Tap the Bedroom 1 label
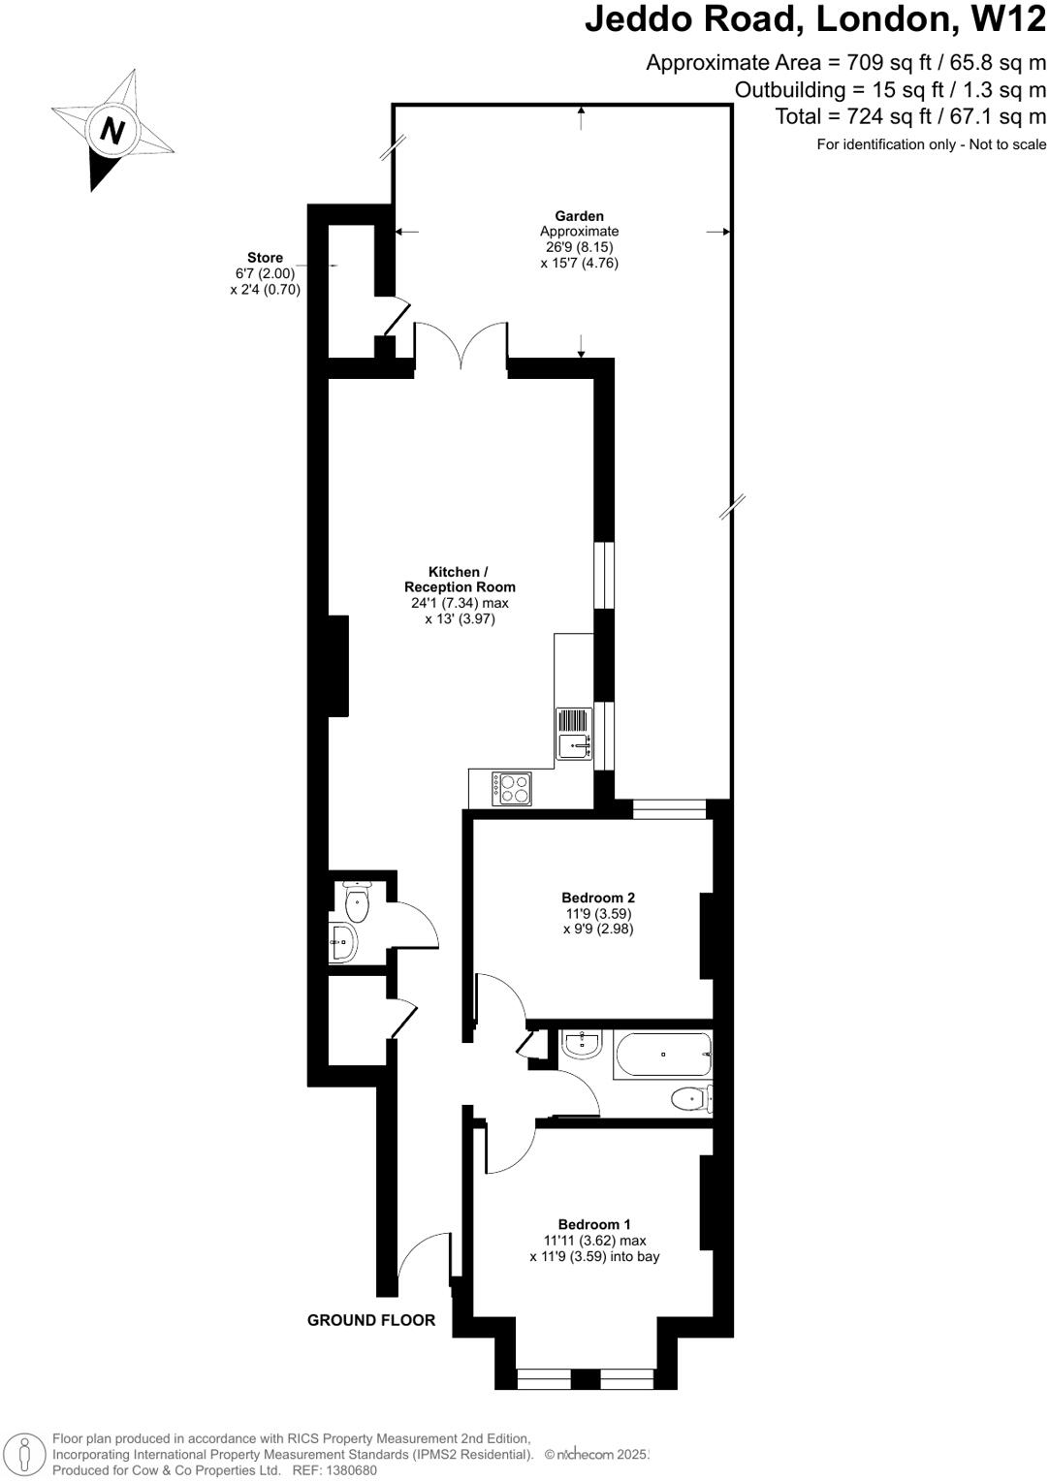[594, 1224]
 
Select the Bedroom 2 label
[598, 898]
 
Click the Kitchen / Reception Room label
[460, 580]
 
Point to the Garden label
[579, 216]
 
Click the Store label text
[265, 258]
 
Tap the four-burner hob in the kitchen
[511, 787]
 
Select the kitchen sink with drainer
[573, 735]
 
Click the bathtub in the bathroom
[662, 1055]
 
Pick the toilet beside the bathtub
[691, 1098]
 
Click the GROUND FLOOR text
[371, 1320]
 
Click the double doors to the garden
[461, 344]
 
